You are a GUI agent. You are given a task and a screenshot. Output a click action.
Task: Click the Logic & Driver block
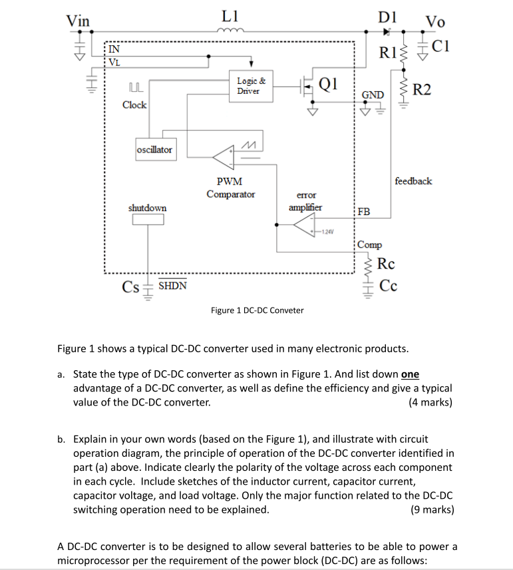pyautogui.click(x=251, y=86)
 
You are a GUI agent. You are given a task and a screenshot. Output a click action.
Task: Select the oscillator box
pyautogui.click(x=154, y=150)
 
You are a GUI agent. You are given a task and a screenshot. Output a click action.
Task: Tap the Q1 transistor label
pyautogui.click(x=329, y=84)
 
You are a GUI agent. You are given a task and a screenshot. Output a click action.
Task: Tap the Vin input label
pyautogui.click(x=79, y=20)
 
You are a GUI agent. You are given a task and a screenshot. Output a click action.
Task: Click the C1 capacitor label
pyautogui.click(x=440, y=46)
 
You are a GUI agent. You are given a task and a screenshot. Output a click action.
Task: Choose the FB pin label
pyautogui.click(x=364, y=212)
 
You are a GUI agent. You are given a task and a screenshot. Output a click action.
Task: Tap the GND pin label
pyautogui.click(x=372, y=95)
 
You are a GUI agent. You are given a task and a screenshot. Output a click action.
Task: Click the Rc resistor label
pyautogui.click(x=386, y=264)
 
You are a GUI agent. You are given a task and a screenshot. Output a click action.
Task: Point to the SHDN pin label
pyautogui.click(x=172, y=286)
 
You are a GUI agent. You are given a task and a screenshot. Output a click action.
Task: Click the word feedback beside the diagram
pyautogui.click(x=413, y=180)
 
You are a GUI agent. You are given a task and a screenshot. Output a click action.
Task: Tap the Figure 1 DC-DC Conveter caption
pyautogui.click(x=257, y=310)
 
